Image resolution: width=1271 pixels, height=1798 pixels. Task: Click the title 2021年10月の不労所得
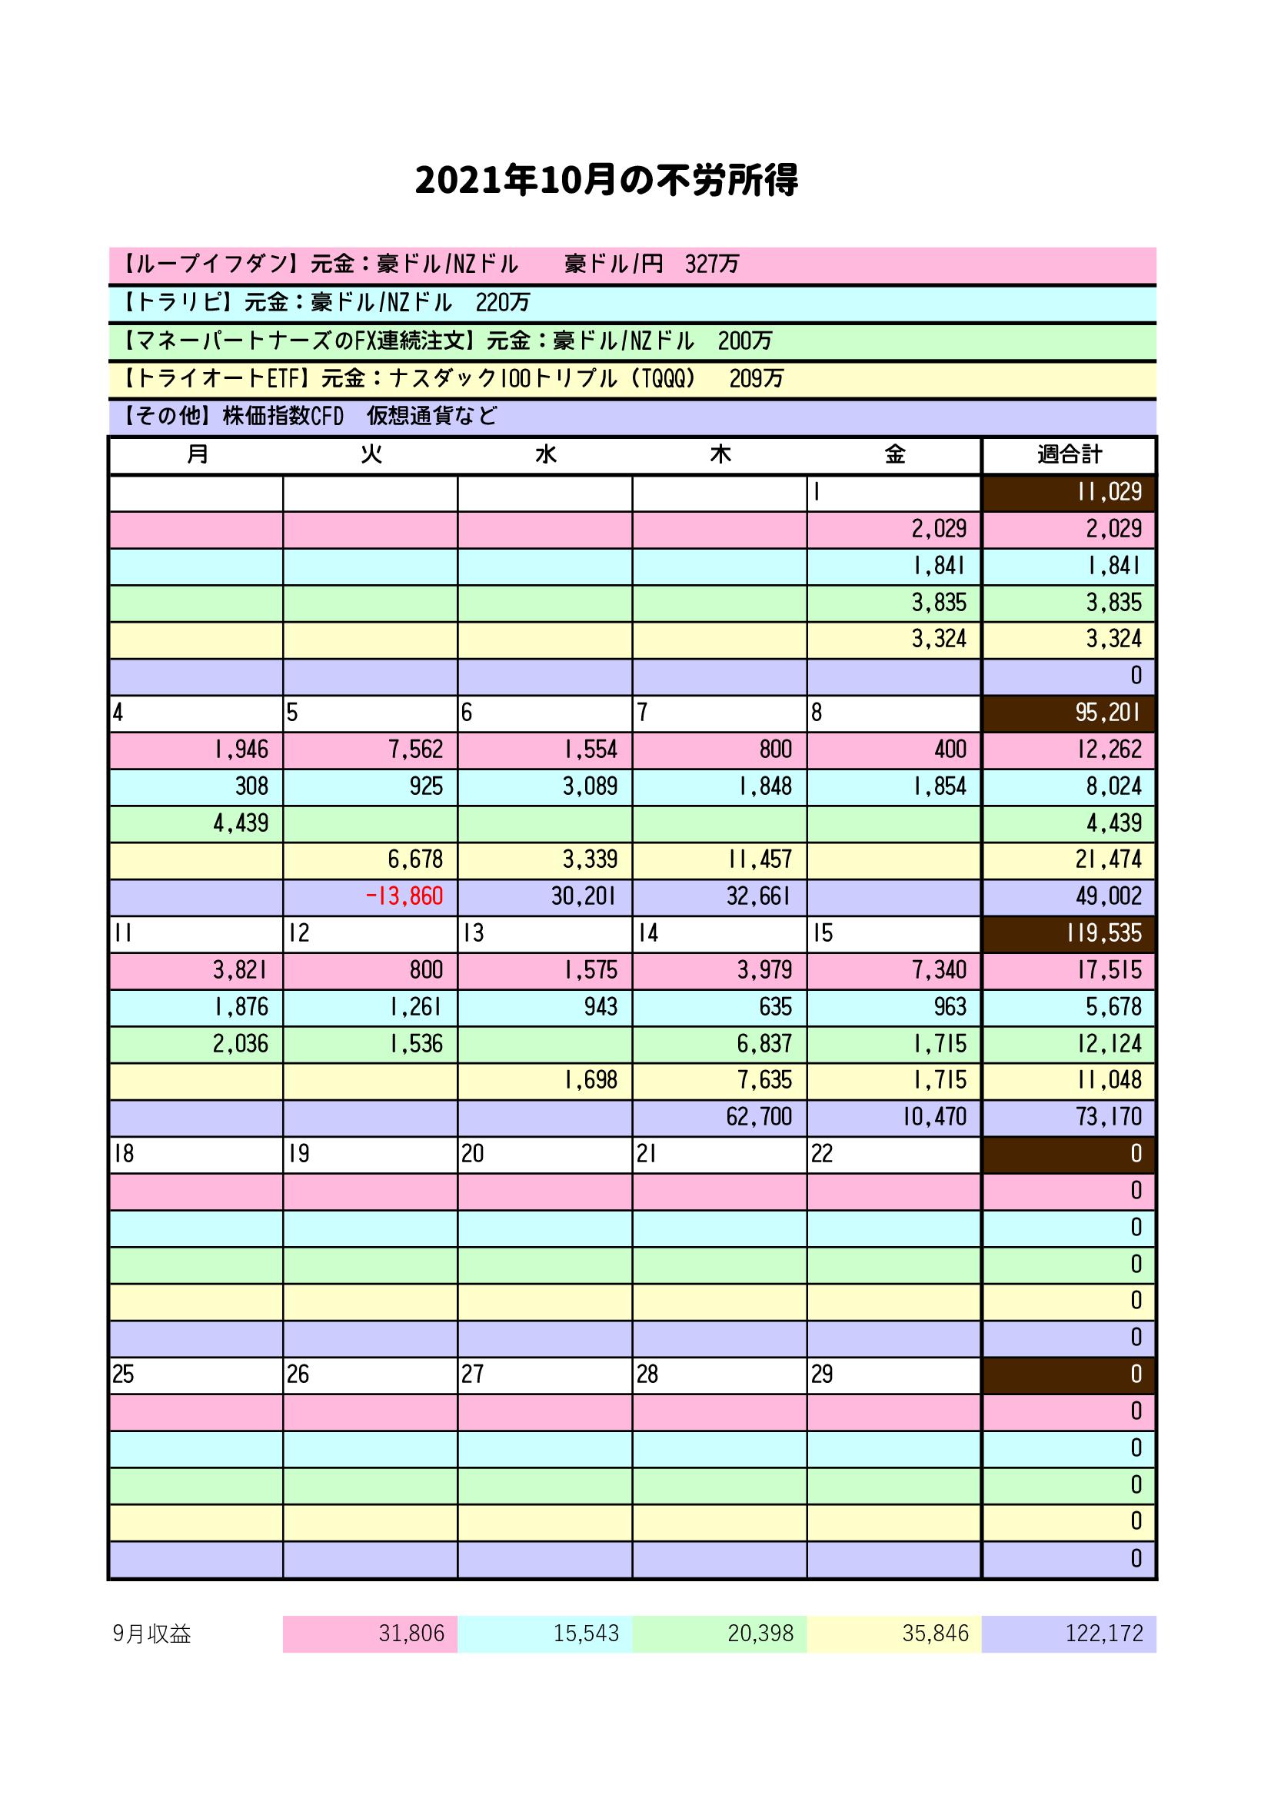click(606, 181)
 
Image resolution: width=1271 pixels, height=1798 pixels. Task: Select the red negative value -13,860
click(404, 896)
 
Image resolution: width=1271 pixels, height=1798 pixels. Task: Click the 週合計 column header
click(1069, 454)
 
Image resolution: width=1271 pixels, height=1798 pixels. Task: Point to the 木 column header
click(720, 454)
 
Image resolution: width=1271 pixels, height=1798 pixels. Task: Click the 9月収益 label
click(152, 1633)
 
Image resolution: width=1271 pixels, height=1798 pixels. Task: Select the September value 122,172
click(1103, 1633)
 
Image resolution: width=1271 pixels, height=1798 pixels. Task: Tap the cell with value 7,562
click(415, 749)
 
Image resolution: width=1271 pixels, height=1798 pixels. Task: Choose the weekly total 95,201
click(1108, 713)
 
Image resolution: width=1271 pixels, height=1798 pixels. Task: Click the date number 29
click(821, 1374)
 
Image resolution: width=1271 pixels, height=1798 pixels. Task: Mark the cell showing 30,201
click(584, 896)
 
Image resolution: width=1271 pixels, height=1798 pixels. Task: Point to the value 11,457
click(759, 859)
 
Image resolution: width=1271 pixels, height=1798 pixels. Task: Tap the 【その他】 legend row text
click(310, 416)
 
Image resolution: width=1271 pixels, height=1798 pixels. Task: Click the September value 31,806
click(411, 1633)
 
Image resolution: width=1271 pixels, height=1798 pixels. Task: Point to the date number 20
click(472, 1154)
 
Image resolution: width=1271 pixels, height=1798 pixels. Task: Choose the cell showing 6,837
click(764, 1043)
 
